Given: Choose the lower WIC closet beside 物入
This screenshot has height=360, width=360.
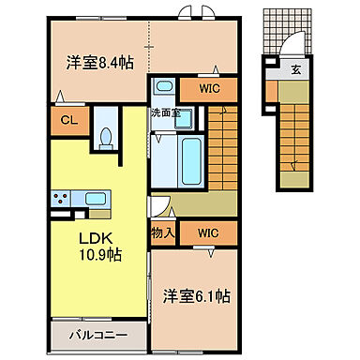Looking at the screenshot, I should [208, 230].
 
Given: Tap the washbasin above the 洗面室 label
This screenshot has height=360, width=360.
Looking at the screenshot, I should [164, 88].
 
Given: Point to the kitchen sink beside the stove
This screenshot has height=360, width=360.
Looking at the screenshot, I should [95, 198].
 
